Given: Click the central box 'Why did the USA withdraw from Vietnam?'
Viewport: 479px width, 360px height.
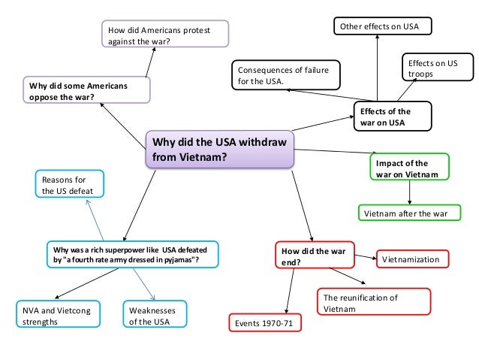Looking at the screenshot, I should [219, 150].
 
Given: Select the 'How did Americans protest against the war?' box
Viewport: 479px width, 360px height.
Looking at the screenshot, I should [164, 35].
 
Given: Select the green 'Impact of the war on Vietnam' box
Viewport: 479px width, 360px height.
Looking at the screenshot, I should [408, 168].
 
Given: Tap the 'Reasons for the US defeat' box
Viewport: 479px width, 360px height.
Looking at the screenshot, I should [70, 185].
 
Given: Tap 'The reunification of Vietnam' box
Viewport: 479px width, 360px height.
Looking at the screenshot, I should [374, 303].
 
